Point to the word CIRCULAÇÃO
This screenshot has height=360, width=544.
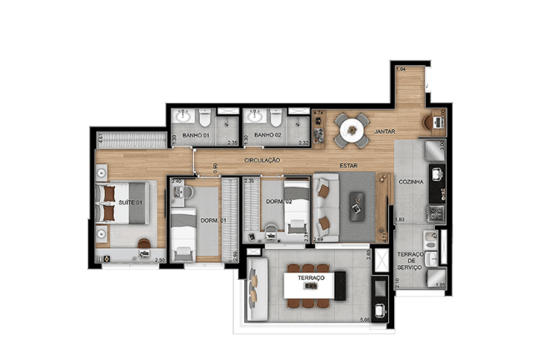pos(262,160)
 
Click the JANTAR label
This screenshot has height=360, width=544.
pos(384,132)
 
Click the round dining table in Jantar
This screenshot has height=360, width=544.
pos(352,128)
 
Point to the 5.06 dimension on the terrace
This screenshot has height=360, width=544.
pos(364,318)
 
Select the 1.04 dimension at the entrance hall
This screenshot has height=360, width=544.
pos(401,69)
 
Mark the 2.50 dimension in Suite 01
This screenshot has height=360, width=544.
pos(158,261)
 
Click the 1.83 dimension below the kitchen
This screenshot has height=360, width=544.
pos(400,219)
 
